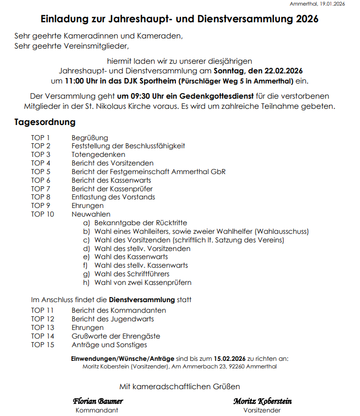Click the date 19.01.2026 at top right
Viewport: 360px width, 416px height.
[331, 4]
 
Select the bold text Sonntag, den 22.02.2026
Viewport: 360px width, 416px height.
[258, 71]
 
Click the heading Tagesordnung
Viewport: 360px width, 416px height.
[45, 122]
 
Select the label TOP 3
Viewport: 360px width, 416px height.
[40, 154]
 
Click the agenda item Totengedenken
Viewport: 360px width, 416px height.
[98, 154]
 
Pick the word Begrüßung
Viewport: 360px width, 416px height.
[89, 138]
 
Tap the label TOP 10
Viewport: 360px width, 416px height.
[42, 214]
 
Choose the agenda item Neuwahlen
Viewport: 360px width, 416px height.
[91, 214]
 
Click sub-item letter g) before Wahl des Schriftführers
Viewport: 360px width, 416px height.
[86, 274]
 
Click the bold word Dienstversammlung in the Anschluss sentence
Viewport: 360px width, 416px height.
[142, 300]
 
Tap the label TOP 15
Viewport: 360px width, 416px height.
[42, 345]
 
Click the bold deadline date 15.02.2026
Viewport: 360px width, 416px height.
[231, 358]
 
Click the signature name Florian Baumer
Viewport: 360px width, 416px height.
[98, 401]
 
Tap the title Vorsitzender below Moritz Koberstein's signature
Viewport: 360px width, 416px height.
[262, 410]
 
